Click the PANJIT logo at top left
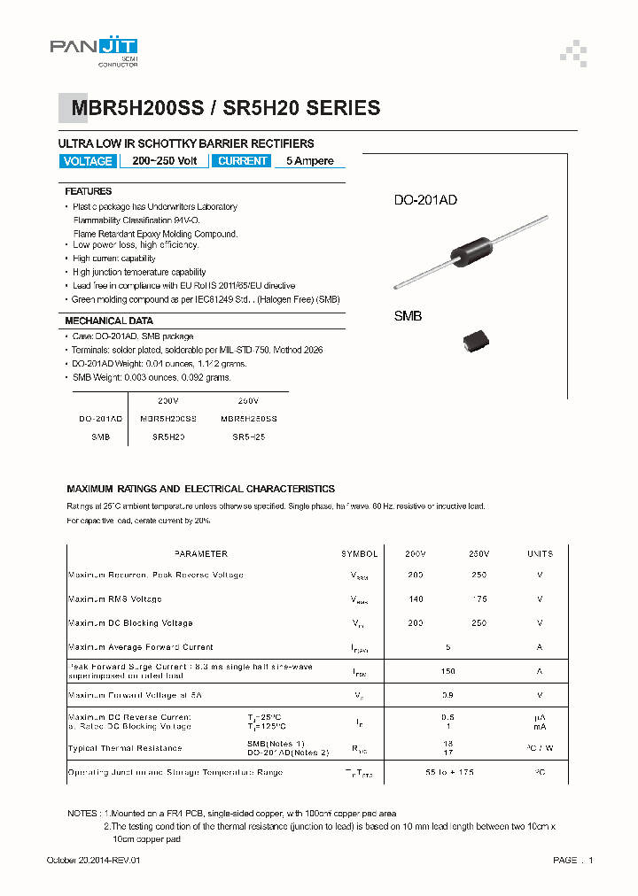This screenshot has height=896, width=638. click(x=94, y=50)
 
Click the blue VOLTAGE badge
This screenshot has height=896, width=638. click(x=88, y=161)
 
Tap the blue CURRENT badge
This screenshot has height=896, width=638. click(x=242, y=161)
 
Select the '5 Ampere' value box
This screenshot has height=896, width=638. click(x=309, y=161)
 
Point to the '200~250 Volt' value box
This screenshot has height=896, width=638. click(x=165, y=161)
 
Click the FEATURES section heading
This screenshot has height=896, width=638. click(x=89, y=191)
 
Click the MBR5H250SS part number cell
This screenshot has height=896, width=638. click(x=248, y=418)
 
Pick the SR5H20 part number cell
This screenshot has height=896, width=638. click(x=168, y=437)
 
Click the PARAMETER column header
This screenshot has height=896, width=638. click(x=201, y=553)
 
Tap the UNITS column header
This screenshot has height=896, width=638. click(x=540, y=553)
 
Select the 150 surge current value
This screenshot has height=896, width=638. click(x=448, y=671)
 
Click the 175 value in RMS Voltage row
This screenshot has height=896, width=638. click(x=479, y=599)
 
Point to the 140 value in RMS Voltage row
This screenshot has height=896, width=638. click(x=415, y=599)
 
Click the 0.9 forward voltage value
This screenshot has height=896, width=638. click(x=448, y=695)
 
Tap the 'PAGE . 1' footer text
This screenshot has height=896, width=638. click(x=572, y=861)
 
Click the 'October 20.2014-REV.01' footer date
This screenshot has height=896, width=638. click(x=93, y=861)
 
